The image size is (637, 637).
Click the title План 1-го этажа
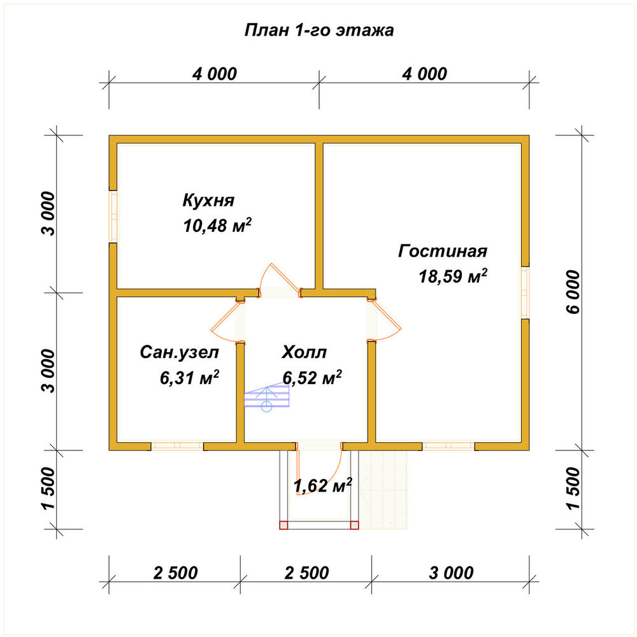[x=319, y=31]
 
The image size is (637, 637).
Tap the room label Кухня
[x=208, y=200]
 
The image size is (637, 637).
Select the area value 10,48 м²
[x=217, y=225]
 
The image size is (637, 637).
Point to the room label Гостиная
[x=443, y=251]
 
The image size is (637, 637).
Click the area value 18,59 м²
[x=453, y=276]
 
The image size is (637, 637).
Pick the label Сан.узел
[x=179, y=353]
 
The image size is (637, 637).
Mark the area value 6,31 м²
[x=189, y=377]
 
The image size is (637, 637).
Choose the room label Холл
[x=304, y=352]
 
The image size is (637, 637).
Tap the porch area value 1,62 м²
[x=322, y=485]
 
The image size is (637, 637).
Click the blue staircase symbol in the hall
[x=266, y=396]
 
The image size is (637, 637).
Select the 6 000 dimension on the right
[x=573, y=292]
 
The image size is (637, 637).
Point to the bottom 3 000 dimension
[x=451, y=573]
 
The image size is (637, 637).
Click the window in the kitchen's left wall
[x=113, y=216]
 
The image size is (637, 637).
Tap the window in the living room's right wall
[x=526, y=292]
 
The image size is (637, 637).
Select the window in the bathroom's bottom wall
[x=177, y=446]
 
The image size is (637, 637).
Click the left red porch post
[x=283, y=525]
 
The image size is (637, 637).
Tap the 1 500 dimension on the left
[x=48, y=489]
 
